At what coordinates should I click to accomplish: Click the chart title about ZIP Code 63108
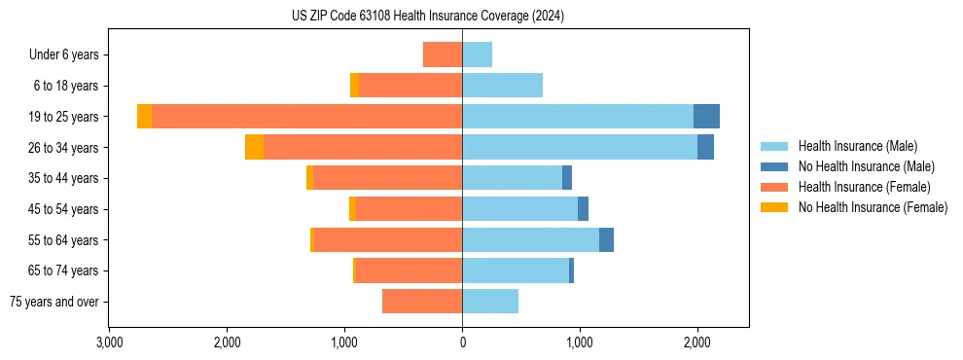click(428, 17)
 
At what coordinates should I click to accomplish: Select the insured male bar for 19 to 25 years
click(578, 117)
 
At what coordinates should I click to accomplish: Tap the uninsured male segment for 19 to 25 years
click(706, 117)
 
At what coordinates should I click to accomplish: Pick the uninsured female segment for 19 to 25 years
click(144, 117)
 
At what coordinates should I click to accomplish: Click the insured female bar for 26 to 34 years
click(363, 148)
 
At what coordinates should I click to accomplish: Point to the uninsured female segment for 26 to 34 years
click(254, 148)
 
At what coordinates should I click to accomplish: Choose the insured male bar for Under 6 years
click(477, 54)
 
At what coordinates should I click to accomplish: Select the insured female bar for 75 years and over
click(422, 302)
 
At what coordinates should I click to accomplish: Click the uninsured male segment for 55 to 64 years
click(606, 240)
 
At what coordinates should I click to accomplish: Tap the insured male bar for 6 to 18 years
click(502, 86)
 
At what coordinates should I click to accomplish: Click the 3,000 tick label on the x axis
click(109, 342)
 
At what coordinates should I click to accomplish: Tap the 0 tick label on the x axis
click(462, 342)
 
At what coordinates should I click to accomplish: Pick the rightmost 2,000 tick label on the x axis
click(696, 342)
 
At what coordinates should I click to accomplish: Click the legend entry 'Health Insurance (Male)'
click(857, 146)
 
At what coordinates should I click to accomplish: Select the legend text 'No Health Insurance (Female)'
click(873, 207)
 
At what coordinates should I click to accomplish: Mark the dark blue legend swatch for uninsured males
click(774, 166)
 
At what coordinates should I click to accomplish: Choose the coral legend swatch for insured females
click(774, 187)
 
